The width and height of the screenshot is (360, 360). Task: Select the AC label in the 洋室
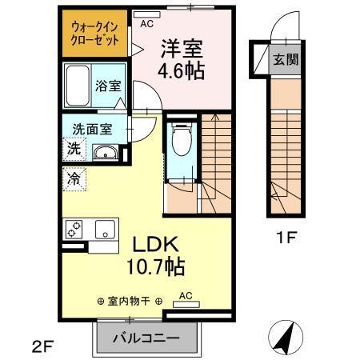[146, 23]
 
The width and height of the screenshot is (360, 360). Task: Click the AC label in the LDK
[186, 295]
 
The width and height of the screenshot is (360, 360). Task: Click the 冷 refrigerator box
[73, 179]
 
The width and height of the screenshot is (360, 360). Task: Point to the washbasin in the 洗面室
[105, 153]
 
